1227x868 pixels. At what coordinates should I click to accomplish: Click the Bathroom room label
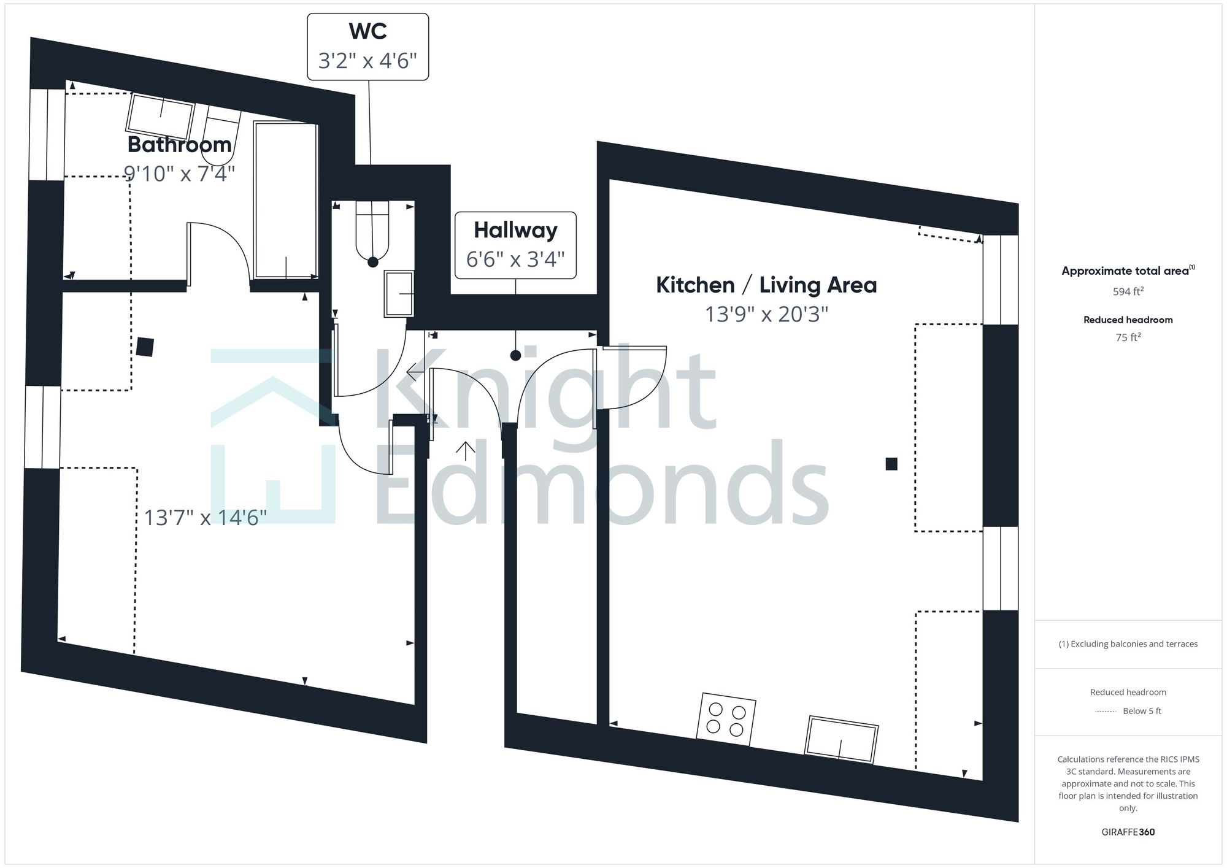179,145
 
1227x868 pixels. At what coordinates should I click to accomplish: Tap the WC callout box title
367,31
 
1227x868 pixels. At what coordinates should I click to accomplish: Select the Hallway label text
515,230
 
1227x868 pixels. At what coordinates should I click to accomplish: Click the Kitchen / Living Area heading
766,285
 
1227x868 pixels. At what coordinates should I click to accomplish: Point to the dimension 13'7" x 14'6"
205,518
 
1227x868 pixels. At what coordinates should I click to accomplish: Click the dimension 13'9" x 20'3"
766,314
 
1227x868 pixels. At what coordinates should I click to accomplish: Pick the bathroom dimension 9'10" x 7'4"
179,174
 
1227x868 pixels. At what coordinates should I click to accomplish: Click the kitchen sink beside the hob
841,739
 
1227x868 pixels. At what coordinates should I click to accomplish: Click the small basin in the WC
399,294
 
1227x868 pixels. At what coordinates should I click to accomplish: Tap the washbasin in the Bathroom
160,116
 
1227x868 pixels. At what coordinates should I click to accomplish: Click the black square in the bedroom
145,347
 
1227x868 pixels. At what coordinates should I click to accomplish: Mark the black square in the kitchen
891,464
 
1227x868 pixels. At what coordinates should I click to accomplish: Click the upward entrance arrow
466,451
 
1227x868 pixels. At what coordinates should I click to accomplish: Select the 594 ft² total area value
1128,292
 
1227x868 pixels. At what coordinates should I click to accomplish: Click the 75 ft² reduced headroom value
1128,337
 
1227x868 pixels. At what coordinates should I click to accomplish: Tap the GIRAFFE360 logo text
1128,832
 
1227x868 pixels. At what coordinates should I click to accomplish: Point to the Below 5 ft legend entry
1141,711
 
